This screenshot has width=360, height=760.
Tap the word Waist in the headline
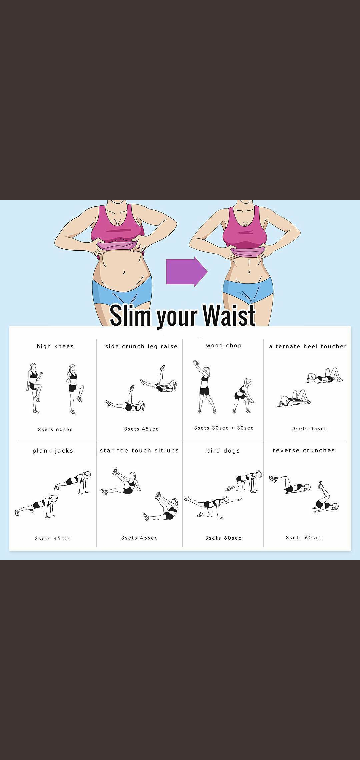pyautogui.click(x=229, y=315)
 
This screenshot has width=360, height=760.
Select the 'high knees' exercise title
pyautogui.click(x=55, y=346)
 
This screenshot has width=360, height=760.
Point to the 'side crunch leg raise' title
pyautogui.click(x=141, y=347)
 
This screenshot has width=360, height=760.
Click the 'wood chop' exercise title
pyautogui.click(x=224, y=346)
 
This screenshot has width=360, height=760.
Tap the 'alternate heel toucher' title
pyautogui.click(x=308, y=346)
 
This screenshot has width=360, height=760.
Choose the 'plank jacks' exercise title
pyautogui.click(x=53, y=451)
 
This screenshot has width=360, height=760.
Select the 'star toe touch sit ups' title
pyautogui.click(x=139, y=451)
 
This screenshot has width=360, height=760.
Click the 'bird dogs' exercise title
pyautogui.click(x=223, y=451)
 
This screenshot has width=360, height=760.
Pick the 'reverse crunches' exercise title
pyautogui.click(x=304, y=450)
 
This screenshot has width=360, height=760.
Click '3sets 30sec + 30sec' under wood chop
pyautogui.click(x=224, y=428)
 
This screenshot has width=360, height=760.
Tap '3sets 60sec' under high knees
pyautogui.click(x=55, y=429)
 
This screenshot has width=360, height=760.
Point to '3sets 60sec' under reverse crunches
pyautogui.click(x=304, y=538)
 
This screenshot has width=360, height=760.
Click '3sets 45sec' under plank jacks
pyautogui.click(x=53, y=538)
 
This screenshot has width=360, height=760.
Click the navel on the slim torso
pyautogui.click(x=249, y=272)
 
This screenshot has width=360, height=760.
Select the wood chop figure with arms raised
pyautogui.click(x=203, y=387)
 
